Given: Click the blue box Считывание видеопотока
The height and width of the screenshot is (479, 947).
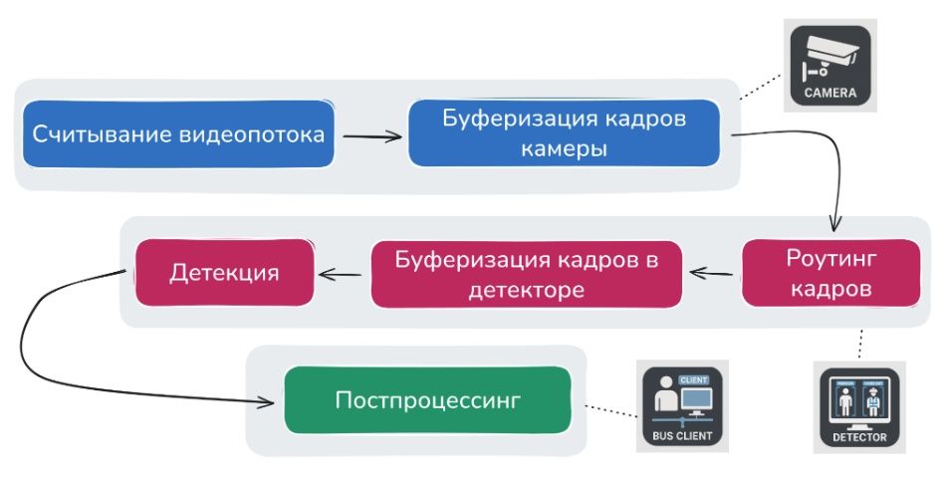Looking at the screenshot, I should coord(178,133).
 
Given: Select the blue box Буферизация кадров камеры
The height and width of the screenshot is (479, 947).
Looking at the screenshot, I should coord(564,132).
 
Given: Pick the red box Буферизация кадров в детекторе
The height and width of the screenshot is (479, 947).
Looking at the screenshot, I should coord(527,274).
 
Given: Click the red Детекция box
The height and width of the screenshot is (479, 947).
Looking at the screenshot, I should coord(224,272).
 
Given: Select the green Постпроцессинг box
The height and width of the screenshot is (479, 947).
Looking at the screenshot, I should coord(428,400).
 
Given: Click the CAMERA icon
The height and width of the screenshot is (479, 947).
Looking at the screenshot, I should coord(829,67).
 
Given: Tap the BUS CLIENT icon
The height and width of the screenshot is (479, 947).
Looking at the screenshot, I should coord(684,406).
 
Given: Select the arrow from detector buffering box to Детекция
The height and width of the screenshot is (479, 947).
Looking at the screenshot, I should coord(340,272).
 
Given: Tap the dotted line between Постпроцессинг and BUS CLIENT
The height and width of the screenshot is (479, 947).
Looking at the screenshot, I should coord(607,407).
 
